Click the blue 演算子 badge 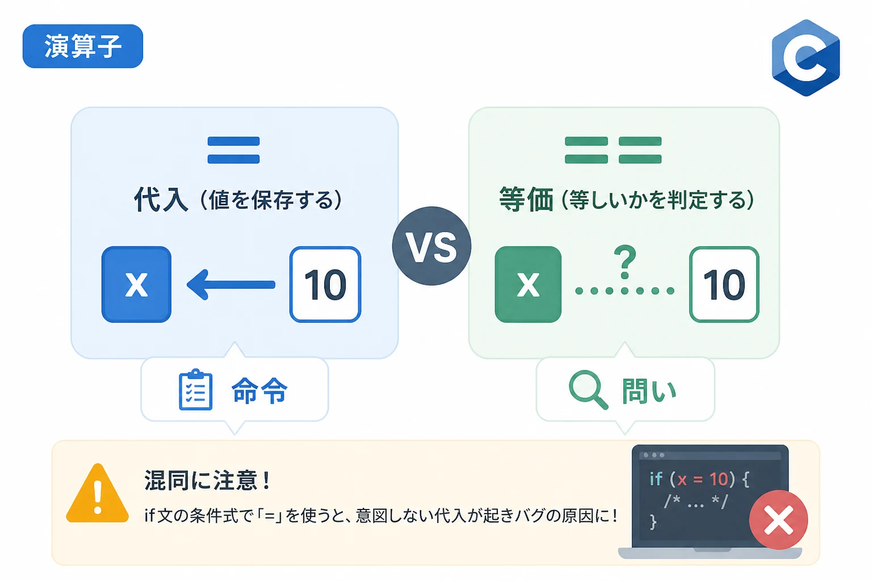pos(83,47)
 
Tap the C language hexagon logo pos(806,58)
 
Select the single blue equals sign pos(233,150)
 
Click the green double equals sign pos(613,150)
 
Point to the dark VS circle pos(431,246)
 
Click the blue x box pos(136,284)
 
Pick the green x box pos(528,284)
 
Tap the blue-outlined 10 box pos(325,284)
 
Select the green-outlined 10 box pos(724,284)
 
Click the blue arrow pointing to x pos(231,285)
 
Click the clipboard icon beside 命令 pos(195,390)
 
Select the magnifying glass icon pos(588,390)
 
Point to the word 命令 pos(259,390)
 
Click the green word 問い pos(649,390)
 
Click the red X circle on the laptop pos(778,520)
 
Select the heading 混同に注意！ pos(208,480)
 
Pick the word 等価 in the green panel pos(526,199)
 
